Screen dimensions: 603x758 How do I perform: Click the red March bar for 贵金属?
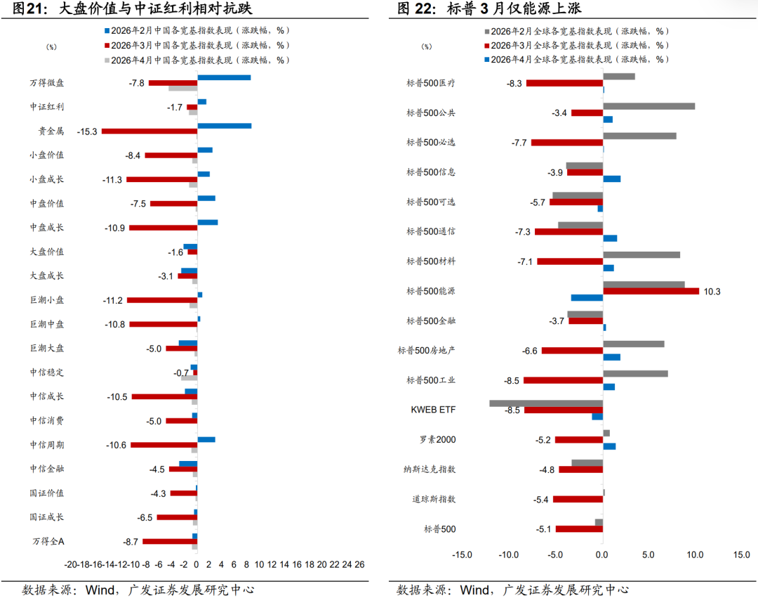point(149,131)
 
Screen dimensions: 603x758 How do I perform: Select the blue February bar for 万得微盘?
point(224,77)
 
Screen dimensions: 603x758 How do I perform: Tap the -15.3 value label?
point(88,131)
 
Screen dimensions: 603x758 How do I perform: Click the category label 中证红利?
point(47,107)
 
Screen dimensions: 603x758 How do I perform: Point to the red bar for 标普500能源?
point(651,291)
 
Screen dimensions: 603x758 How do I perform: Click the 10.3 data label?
point(712,291)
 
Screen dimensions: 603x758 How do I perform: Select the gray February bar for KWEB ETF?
point(546,403)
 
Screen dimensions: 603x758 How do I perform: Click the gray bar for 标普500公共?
point(649,106)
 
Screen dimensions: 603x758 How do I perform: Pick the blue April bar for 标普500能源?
point(587,298)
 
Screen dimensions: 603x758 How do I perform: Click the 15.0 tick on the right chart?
point(741,555)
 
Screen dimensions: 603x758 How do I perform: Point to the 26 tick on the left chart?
point(359,564)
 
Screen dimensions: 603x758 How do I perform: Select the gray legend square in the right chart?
point(486,32)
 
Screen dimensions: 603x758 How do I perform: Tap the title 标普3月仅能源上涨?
point(513,9)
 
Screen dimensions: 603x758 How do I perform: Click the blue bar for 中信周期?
point(206,439)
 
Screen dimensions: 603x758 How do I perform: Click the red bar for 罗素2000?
point(579,440)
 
